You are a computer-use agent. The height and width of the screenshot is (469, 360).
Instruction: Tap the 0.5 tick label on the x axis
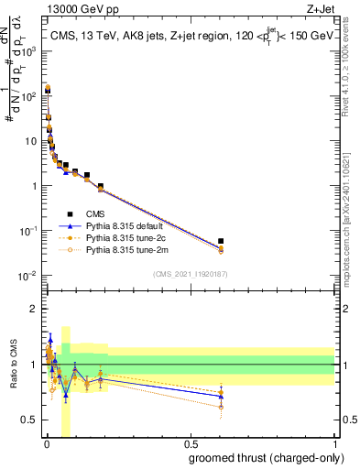[190, 443]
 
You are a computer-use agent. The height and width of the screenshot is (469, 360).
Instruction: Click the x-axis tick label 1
[334, 443]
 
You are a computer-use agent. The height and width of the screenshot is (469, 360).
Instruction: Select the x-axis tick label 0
[46, 443]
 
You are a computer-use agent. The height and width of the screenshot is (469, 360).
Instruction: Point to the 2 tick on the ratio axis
[35, 309]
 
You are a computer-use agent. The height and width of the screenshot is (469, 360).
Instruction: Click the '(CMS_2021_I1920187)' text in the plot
[190, 273]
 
